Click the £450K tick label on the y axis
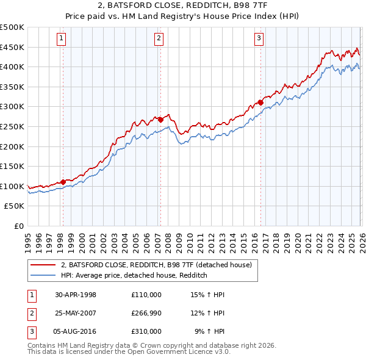pos(12,47)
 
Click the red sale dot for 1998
pos(63,182)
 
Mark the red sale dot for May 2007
pos(160,120)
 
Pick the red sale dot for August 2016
pos(260,103)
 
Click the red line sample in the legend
pos(43,265)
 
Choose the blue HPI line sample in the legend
pos(43,275)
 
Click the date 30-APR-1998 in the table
pos(76,295)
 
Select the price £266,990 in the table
pos(146,313)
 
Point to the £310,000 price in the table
pos(146,331)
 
